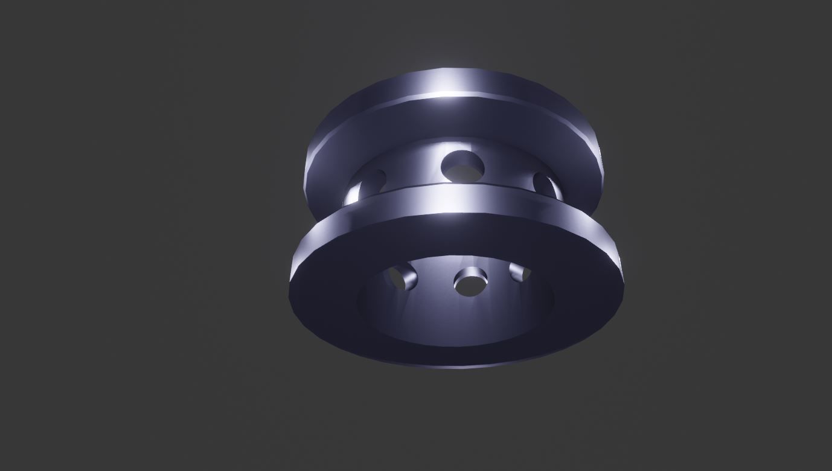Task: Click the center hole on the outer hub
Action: (462, 166)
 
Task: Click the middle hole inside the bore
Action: (471, 283)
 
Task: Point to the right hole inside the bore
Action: (519, 272)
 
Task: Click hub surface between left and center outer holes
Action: (417, 169)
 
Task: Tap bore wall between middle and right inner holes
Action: (498, 275)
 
